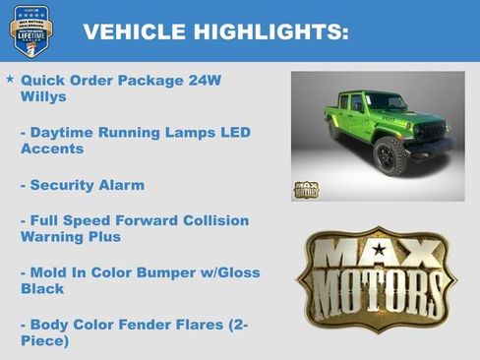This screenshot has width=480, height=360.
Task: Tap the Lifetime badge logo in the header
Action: click(x=30, y=30)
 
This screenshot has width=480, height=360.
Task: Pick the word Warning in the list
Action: click(x=55, y=237)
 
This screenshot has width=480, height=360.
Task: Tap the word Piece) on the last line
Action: click(x=44, y=341)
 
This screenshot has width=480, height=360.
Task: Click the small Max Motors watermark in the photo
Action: click(x=306, y=189)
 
